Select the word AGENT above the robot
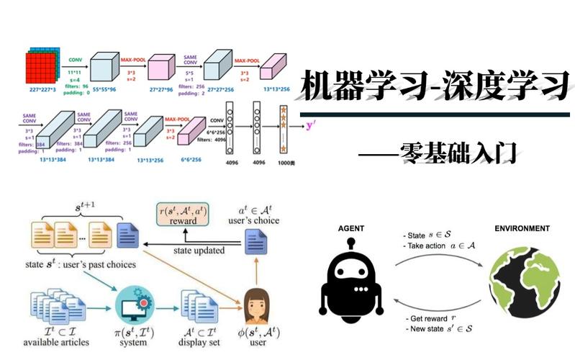pos(350,229)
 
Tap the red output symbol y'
pos(311,125)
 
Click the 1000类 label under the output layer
pos(285,163)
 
